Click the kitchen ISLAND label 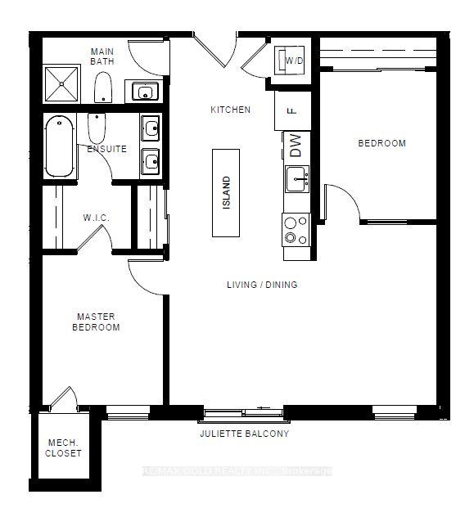(226, 192)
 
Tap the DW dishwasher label (296, 146)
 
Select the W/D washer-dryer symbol (289, 61)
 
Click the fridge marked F (292, 110)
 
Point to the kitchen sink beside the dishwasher (297, 179)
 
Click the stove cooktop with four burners (296, 230)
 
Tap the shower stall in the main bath (61, 83)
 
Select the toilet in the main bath (103, 88)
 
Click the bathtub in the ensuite (60, 146)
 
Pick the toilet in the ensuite (97, 128)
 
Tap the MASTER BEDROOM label (96, 321)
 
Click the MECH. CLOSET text (63, 447)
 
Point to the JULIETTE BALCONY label (245, 434)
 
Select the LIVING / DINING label (262, 285)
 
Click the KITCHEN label (231, 110)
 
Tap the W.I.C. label (96, 218)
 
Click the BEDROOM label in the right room (382, 143)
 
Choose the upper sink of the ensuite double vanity (151, 127)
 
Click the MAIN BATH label (102, 56)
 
